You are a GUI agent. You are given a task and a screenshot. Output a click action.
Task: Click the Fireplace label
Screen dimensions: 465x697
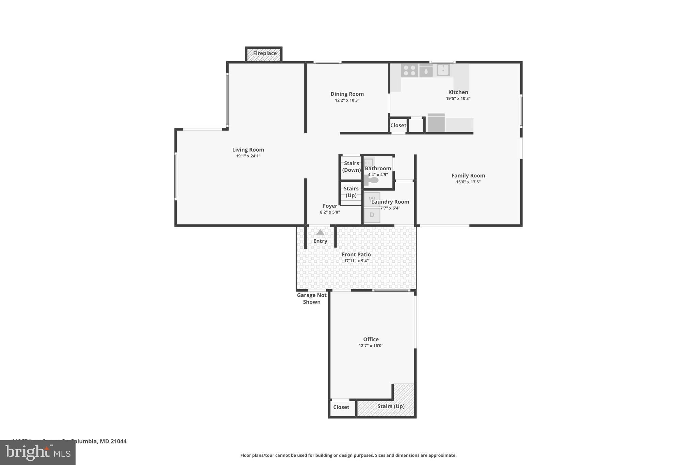(264, 53)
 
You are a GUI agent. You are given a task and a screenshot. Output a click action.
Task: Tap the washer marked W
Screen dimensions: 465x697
(372, 199)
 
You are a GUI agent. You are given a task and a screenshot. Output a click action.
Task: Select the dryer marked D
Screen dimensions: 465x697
(372, 215)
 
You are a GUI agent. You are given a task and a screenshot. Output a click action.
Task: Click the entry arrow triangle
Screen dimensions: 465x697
(320, 232)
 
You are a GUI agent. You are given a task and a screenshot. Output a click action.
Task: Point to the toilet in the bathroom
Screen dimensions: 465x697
(372, 180)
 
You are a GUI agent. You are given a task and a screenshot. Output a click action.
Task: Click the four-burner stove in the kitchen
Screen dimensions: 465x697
(409, 71)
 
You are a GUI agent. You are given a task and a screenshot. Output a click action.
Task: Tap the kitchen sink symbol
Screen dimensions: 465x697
(443, 70)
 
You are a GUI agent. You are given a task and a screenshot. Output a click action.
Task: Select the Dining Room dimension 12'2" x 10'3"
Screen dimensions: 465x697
(347, 100)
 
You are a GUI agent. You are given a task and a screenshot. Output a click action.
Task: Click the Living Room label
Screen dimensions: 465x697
(248, 150)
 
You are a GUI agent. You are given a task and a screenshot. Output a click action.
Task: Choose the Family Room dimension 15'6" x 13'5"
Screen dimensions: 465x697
(468, 182)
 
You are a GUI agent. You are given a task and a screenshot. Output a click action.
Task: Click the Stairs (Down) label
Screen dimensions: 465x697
(351, 167)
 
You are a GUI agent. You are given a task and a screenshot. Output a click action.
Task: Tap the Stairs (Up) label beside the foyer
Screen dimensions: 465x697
(351, 192)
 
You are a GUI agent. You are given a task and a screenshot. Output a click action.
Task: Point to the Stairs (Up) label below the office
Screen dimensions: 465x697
(391, 406)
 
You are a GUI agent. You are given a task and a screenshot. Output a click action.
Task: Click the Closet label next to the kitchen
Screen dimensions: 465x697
(398, 125)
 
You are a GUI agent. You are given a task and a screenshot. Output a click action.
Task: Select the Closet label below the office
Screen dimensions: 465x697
(341, 407)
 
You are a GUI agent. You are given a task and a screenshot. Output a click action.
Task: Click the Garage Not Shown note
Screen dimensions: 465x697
(311, 298)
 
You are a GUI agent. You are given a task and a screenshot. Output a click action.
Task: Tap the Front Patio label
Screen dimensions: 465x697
(356, 254)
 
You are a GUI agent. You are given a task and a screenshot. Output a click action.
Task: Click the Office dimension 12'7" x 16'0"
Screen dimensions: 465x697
(371, 345)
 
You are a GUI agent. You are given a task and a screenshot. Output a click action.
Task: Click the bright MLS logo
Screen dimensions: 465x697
(38, 452)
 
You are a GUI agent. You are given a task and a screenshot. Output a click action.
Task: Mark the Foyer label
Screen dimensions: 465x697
(330, 206)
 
